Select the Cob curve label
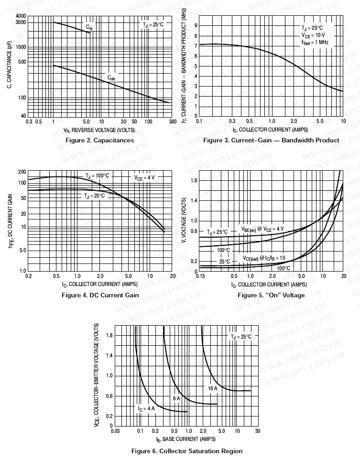point(111,77)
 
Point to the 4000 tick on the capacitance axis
point(21,16)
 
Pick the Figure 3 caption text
point(271,140)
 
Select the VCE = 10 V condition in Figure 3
point(313,35)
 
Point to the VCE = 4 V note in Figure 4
point(144,177)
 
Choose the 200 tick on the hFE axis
point(22,172)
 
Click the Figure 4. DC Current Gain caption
point(100,295)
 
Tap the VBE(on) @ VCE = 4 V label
point(262,229)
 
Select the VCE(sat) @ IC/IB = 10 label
point(263,258)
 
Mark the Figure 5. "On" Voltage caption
point(271,295)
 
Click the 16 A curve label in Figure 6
point(212,388)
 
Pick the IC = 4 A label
point(146,409)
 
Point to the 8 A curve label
point(176,398)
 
